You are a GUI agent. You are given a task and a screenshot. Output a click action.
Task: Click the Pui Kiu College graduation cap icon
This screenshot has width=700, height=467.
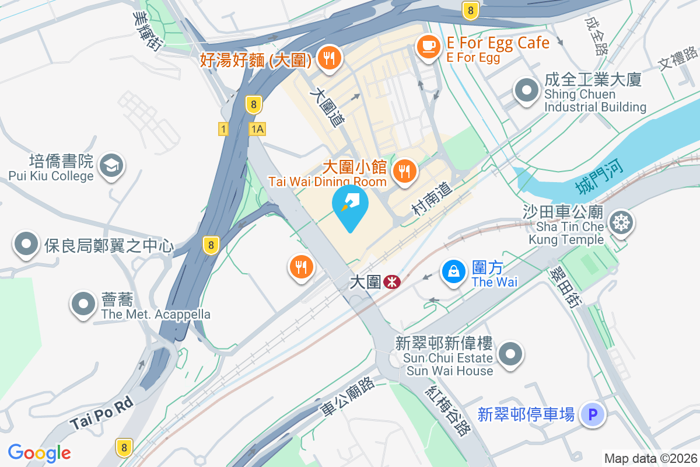(x=110, y=166)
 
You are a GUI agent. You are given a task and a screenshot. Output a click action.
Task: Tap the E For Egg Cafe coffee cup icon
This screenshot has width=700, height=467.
(x=429, y=47)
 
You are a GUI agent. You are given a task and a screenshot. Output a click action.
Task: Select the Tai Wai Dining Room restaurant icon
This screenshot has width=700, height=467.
(x=404, y=170)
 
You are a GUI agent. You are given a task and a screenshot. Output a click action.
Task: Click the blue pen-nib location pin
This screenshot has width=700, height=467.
(x=350, y=204)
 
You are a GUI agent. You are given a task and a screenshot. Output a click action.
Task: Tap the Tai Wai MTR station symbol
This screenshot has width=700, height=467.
(x=391, y=283)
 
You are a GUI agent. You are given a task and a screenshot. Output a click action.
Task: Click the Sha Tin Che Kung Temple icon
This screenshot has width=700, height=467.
(x=619, y=222)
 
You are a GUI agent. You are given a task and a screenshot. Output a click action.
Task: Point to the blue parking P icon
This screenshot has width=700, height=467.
(x=593, y=415)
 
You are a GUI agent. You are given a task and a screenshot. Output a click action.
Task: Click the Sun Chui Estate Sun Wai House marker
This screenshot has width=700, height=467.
(x=512, y=354)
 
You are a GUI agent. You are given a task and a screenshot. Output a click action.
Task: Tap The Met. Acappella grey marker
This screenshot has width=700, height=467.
(x=83, y=304)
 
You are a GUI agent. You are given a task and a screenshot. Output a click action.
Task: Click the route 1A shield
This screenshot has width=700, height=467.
(x=257, y=129)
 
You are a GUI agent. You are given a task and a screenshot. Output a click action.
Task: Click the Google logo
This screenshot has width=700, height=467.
(x=40, y=453)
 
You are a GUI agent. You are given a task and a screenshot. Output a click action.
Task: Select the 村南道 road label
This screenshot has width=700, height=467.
(x=432, y=200)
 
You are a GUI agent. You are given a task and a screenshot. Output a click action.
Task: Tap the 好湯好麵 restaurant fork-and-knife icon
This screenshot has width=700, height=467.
(x=330, y=58)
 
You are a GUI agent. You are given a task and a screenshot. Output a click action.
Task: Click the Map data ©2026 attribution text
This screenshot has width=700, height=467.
(x=650, y=459)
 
